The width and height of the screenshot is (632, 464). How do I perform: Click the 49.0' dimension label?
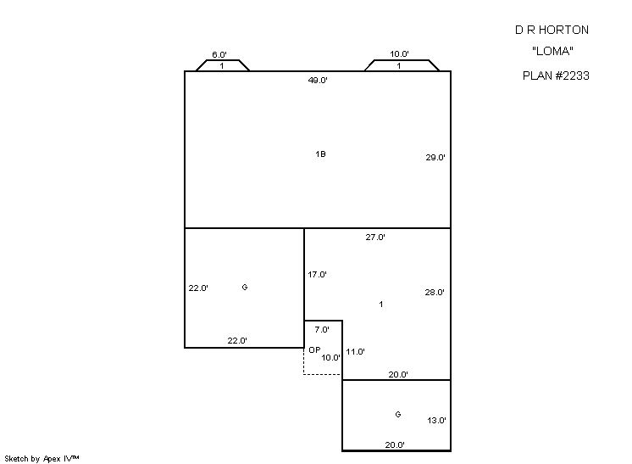(x=318, y=80)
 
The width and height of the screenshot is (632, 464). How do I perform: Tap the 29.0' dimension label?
(x=435, y=158)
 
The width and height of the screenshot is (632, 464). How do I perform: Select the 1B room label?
(x=320, y=154)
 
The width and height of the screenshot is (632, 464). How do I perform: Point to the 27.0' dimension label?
(x=375, y=238)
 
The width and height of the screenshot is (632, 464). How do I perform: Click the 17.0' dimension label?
(x=317, y=274)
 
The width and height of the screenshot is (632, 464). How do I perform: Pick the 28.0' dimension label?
(x=435, y=292)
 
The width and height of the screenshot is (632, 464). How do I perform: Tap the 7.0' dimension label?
(x=322, y=330)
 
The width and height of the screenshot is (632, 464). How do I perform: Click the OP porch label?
(x=314, y=349)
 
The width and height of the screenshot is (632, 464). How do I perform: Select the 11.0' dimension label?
(x=355, y=351)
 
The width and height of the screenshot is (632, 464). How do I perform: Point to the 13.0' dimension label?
(x=436, y=421)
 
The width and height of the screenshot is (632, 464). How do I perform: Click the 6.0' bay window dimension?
(x=219, y=54)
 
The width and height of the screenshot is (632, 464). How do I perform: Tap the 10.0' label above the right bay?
(x=399, y=53)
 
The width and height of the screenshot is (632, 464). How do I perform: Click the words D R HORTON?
(x=552, y=30)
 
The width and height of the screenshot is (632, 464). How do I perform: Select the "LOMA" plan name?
(x=552, y=51)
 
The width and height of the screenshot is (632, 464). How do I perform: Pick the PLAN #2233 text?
(x=556, y=75)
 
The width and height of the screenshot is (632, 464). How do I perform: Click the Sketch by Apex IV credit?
(x=42, y=459)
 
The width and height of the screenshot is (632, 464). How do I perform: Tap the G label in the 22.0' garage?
(x=245, y=288)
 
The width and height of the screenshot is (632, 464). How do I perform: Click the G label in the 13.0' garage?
(x=398, y=414)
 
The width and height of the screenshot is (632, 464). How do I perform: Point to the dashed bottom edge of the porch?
(x=323, y=375)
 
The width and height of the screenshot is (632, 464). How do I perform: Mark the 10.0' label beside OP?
(x=331, y=357)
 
